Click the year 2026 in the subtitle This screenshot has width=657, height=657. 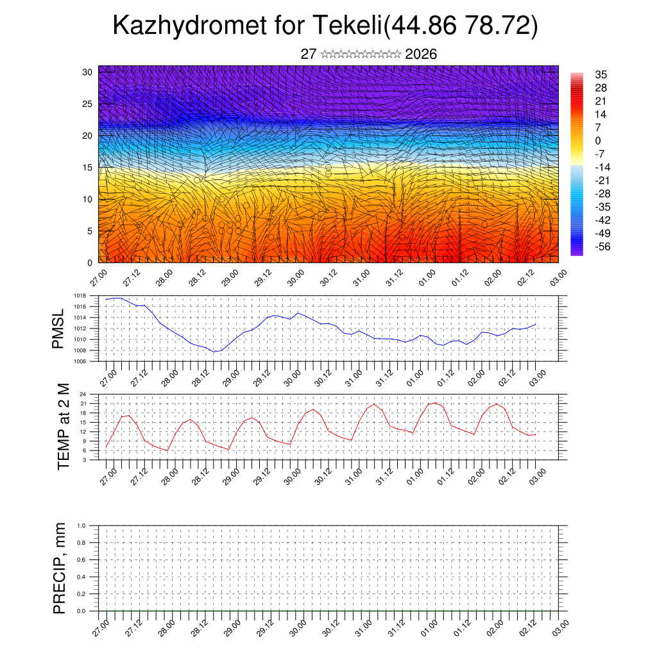pyautogui.click(x=421, y=55)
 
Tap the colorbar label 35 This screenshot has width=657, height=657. pyautogui.click(x=601, y=74)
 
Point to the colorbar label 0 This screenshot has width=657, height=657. pyautogui.click(x=598, y=141)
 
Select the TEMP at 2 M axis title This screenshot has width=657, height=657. pyautogui.click(x=63, y=426)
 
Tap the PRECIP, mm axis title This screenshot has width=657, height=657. pyautogui.click(x=60, y=568)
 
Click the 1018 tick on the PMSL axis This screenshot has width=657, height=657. pyautogui.click(x=80, y=296)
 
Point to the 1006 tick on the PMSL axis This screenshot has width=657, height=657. pyautogui.click(x=80, y=361)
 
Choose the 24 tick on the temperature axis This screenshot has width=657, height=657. pyautogui.click(x=83, y=394)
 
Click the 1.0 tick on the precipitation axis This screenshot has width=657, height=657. pyautogui.click(x=81, y=525)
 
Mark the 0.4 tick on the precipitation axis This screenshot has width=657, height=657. pyautogui.click(x=81, y=577)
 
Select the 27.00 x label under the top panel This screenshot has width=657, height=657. pyautogui.click(x=98, y=280)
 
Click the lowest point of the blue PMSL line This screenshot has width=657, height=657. pyautogui.click(x=214, y=352)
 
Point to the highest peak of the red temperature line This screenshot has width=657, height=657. pyautogui.click(x=435, y=402)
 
